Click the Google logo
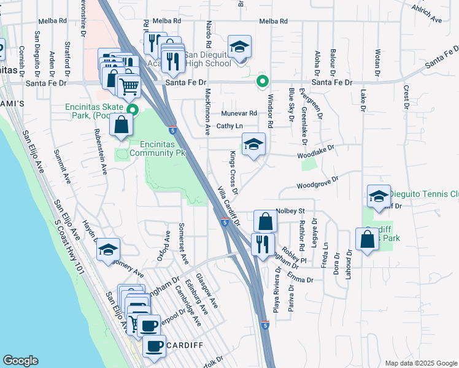point(20,361)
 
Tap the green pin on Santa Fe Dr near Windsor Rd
point(263,80)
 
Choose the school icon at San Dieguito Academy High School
point(239,47)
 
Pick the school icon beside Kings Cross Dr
point(253,145)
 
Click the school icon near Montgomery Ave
point(108,250)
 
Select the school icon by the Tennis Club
point(379,197)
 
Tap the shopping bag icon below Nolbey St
point(265,221)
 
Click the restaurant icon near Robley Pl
point(263,245)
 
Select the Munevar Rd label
point(239,113)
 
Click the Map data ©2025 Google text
point(420,363)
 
